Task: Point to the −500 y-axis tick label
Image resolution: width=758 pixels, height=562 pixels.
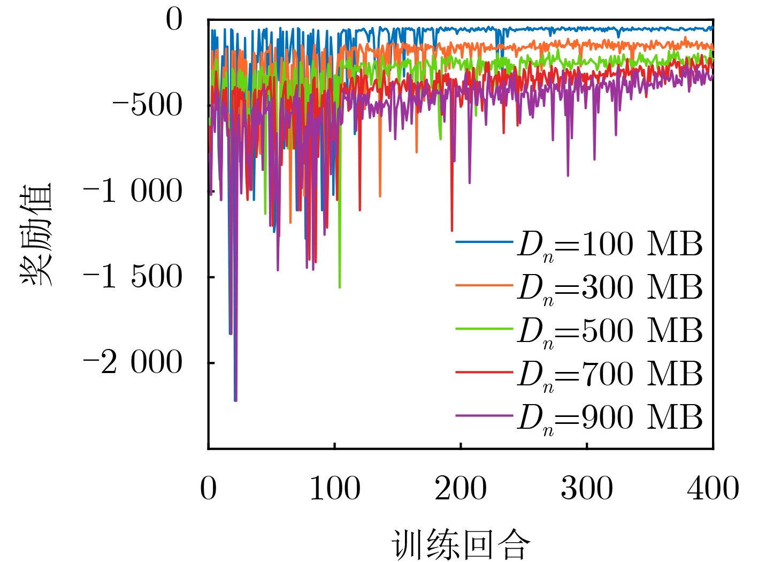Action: coord(147,105)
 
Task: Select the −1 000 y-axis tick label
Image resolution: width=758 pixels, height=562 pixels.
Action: coord(133,191)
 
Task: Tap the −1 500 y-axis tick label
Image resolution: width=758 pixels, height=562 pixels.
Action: coord(133,277)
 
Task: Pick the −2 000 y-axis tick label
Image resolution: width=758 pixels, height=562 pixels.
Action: coord(133,362)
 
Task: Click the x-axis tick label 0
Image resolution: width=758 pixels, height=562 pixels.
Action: coord(208,489)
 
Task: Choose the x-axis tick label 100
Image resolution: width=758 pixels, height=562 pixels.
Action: coord(335,489)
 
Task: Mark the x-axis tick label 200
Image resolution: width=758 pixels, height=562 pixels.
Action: coord(461,489)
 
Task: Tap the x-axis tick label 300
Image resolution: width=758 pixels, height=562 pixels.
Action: coord(587,489)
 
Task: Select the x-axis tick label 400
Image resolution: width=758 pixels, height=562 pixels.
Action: coord(713,489)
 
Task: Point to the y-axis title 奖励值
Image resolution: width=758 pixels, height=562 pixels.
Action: coord(36,234)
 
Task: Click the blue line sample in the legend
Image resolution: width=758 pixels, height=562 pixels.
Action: coord(484,242)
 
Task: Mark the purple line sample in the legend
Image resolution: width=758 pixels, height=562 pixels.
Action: coord(484,415)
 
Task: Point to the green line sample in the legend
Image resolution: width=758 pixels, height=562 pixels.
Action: coord(484,328)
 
